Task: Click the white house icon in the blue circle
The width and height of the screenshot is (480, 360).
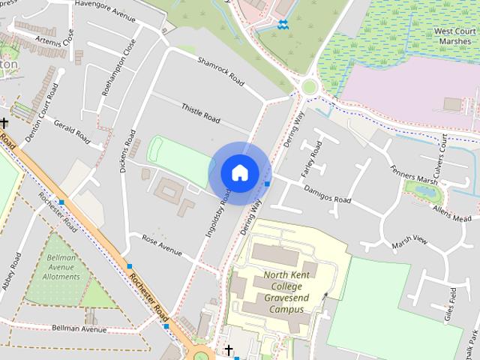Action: [x=239, y=172]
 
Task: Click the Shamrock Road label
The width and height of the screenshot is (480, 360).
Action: [x=221, y=70]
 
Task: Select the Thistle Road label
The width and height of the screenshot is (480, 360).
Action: [x=200, y=113]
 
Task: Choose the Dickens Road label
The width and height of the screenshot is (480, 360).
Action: [x=127, y=151]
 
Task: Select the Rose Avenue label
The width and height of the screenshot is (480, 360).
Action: [x=163, y=246]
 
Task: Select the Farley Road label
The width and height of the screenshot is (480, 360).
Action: [x=310, y=158]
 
